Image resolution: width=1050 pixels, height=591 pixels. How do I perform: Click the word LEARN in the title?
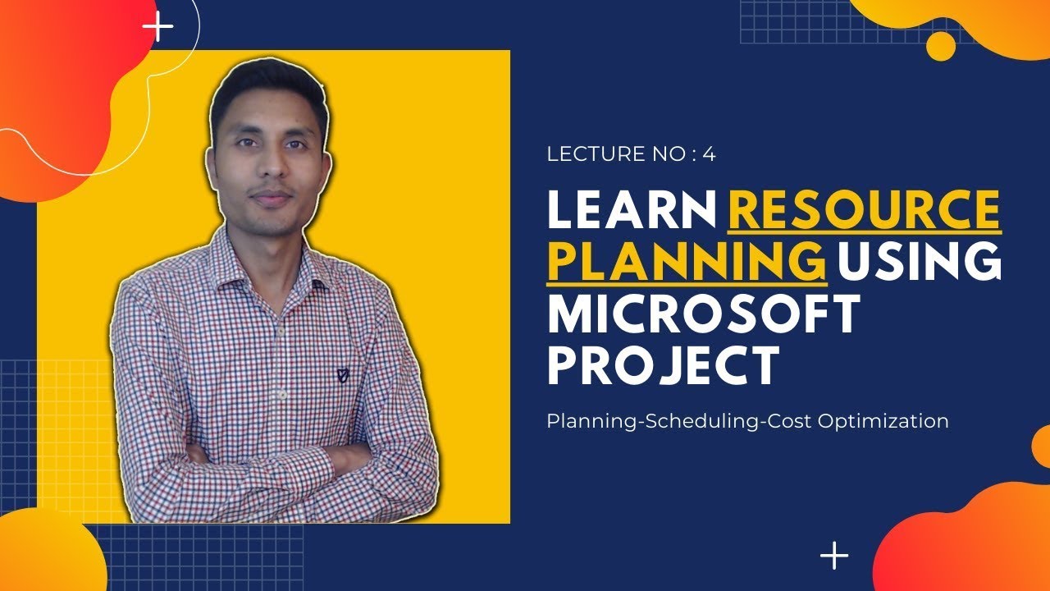coord(632,210)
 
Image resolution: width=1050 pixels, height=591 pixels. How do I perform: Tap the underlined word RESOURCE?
coord(864,210)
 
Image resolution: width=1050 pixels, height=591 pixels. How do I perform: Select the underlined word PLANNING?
coord(686,261)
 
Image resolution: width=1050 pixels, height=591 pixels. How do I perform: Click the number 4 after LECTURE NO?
coord(709,153)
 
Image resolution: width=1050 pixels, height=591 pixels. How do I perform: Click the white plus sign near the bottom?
coord(834,556)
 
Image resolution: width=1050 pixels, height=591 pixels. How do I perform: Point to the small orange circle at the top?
coord(941,46)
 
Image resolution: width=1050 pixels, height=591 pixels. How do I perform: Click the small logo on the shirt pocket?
coord(342,376)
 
